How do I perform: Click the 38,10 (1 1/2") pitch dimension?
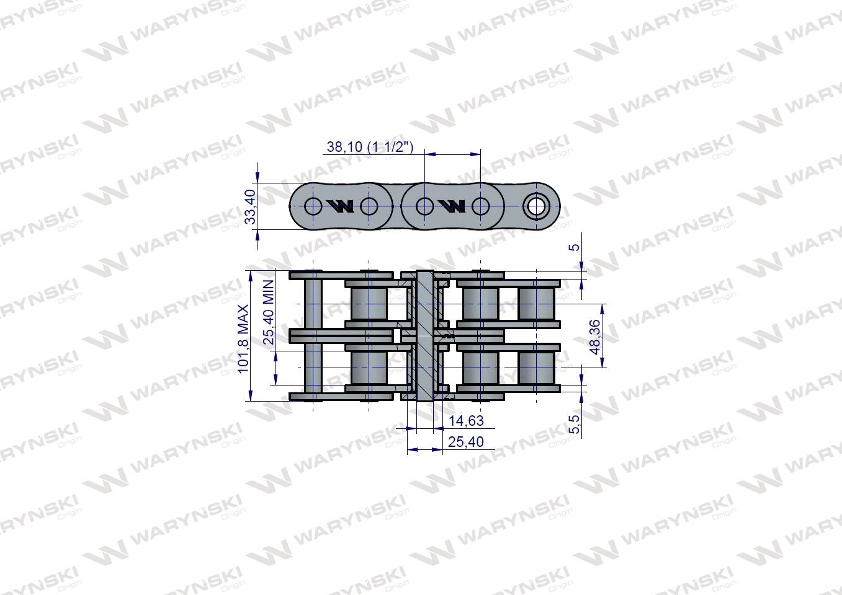click(370, 147)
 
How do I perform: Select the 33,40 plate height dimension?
click(250, 207)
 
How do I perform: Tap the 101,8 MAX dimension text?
click(244, 338)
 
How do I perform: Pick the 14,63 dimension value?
click(466, 421)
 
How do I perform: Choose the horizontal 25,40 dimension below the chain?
click(466, 441)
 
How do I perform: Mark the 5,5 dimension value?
click(575, 425)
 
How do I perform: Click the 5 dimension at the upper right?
click(575, 247)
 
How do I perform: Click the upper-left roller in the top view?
click(369, 304)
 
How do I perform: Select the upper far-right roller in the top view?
click(536, 304)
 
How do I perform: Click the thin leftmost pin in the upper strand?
click(313, 304)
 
